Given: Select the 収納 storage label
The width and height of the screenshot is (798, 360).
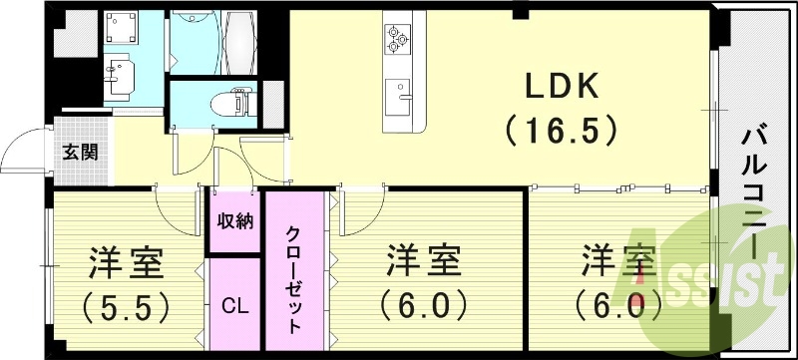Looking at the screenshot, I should (x=235, y=221).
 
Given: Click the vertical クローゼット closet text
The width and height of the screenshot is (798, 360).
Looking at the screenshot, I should (x=295, y=273).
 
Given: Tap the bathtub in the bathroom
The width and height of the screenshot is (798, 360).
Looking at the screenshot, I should (x=240, y=37).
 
